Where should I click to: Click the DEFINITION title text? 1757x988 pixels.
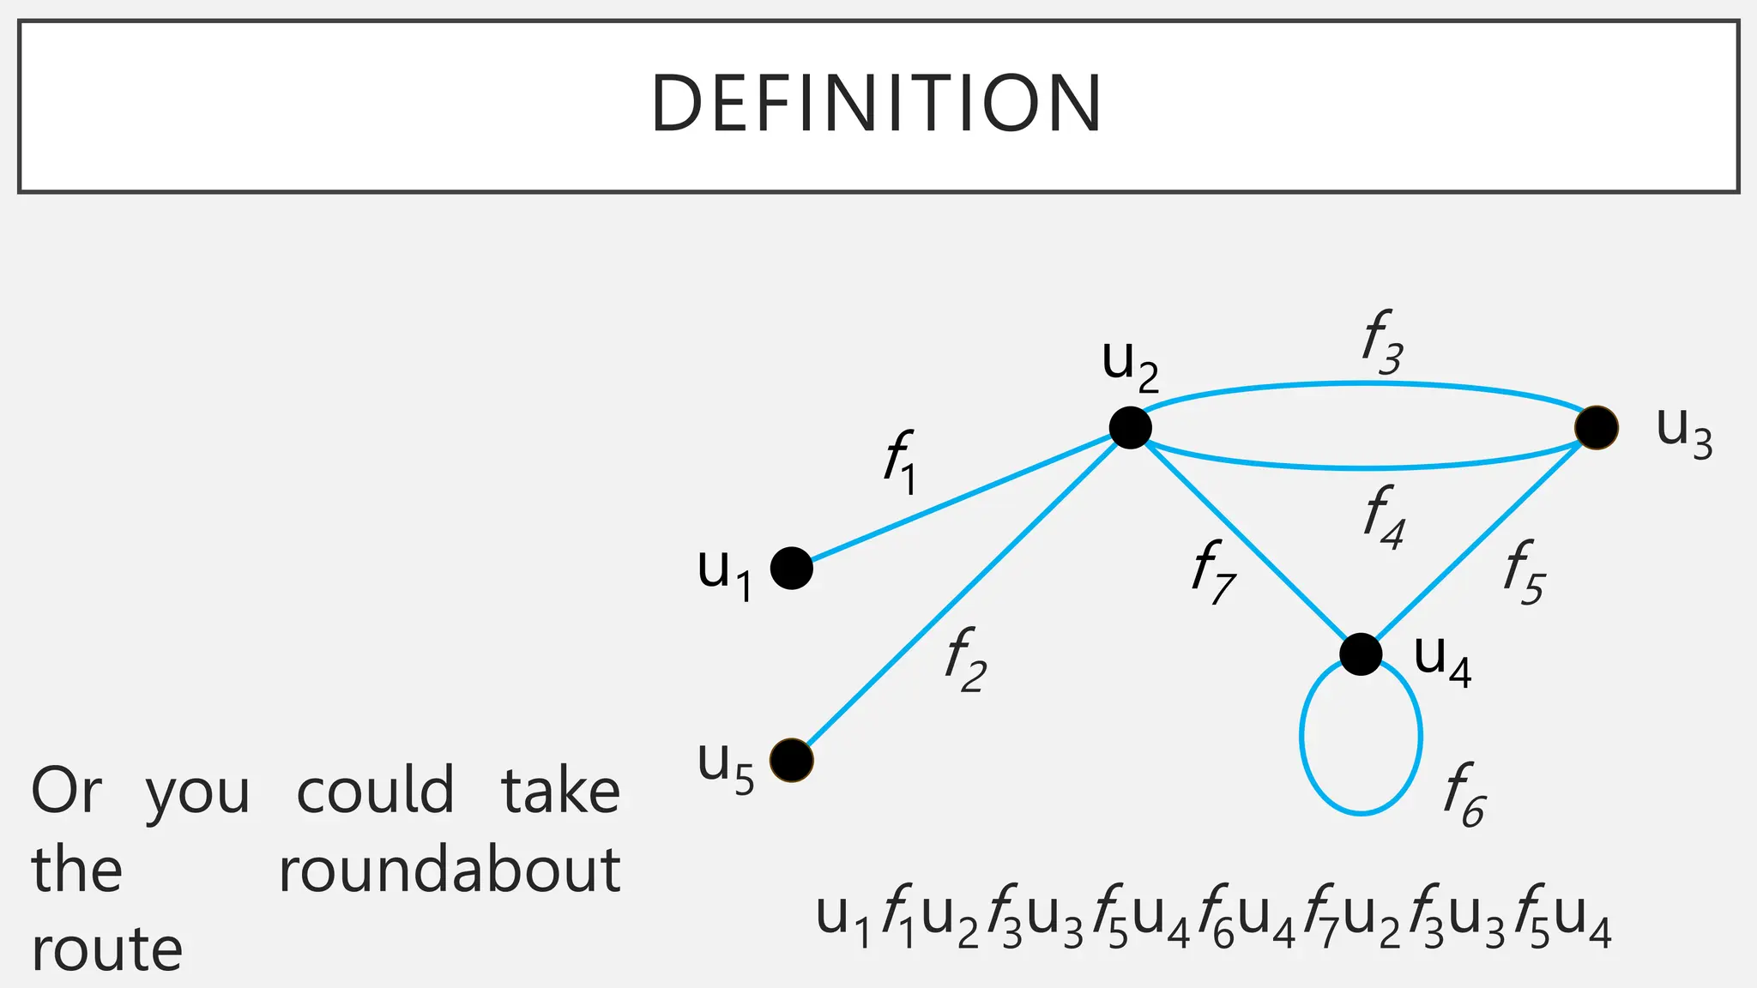tap(877, 104)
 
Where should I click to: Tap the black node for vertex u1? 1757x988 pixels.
tap(791, 568)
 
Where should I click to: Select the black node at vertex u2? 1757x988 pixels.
tap(1130, 427)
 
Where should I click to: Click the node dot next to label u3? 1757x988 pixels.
tap(1597, 427)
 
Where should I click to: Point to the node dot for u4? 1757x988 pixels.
tap(1361, 654)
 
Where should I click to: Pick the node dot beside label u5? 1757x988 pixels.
tap(791, 760)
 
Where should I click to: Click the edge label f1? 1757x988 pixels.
tap(900, 462)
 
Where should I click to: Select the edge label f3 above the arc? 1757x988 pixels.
tap(1382, 342)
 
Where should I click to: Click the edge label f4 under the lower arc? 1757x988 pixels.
tap(1384, 516)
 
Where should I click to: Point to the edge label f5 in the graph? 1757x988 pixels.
tap(1524, 572)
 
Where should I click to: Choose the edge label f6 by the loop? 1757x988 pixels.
tap(1464, 795)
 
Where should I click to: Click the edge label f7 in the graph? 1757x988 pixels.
tap(1213, 571)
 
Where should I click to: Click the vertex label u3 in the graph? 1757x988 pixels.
tap(1683, 432)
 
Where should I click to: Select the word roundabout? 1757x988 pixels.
tap(450, 871)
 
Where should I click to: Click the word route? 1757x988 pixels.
tap(107, 949)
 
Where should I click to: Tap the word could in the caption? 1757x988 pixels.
tap(375, 792)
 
